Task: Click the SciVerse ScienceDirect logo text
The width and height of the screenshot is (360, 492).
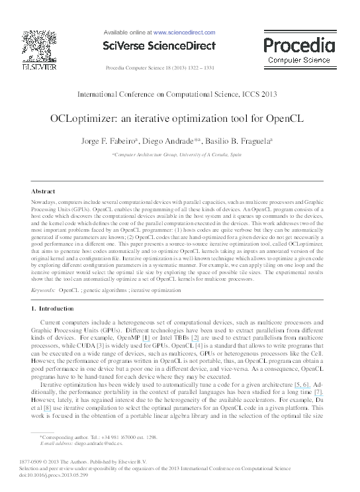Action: click(160, 46)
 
